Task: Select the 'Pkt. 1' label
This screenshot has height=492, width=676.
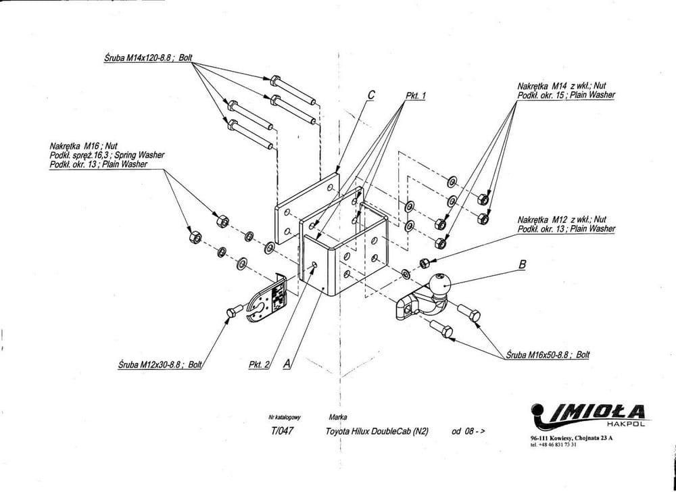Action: [x=416, y=96]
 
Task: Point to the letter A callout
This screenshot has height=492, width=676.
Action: [x=287, y=364]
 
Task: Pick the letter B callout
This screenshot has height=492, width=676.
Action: [x=521, y=266]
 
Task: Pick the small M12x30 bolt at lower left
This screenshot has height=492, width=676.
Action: [x=233, y=311]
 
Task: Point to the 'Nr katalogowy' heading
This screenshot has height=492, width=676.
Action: [x=283, y=418]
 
